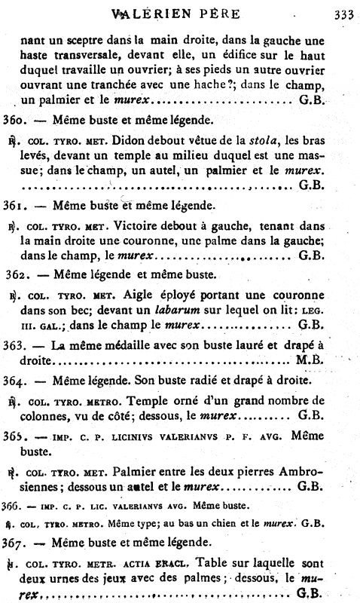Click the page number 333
pyautogui.click(x=343, y=13)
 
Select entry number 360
pyautogui.click(x=16, y=119)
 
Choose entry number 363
pyautogui.click(x=16, y=344)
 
